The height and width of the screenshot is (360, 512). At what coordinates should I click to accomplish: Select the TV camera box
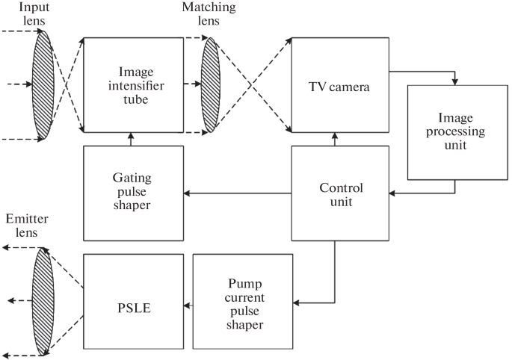tap(339, 84)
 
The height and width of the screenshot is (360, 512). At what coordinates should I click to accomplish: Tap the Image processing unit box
tap(455, 131)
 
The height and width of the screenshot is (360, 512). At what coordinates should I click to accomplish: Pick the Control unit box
tap(339, 193)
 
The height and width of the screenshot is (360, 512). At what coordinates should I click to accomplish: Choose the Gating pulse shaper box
tap(132, 193)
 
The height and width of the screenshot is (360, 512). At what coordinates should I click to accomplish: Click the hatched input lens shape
tap(43, 84)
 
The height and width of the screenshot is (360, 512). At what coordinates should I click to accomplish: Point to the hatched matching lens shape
tap(212, 84)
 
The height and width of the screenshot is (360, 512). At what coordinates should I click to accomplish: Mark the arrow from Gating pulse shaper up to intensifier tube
tap(132, 139)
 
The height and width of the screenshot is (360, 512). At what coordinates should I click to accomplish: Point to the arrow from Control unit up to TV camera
tap(335, 139)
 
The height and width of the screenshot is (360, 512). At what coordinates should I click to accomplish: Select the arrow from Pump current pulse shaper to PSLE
tap(188, 304)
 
